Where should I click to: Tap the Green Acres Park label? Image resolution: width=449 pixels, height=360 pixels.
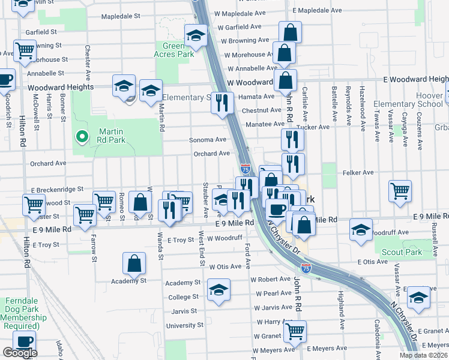(178, 50)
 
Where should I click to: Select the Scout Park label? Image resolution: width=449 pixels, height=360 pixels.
(401, 252)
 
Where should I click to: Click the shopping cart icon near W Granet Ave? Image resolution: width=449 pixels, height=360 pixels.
(295, 330)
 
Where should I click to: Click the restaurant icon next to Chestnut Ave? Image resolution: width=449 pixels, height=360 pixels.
(222, 103)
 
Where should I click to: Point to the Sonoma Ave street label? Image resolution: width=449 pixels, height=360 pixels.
(208, 139)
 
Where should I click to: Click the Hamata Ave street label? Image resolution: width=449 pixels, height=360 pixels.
(256, 97)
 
